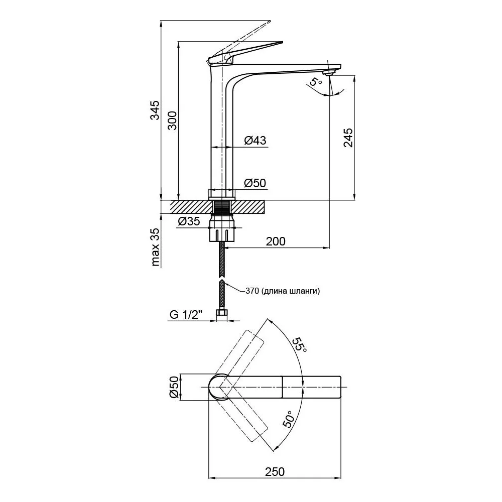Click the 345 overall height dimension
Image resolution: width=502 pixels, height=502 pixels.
pyautogui.click(x=155, y=110)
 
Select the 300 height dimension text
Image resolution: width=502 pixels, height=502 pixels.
pyautogui.click(x=172, y=120)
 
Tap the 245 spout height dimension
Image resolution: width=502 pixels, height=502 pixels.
pyautogui.click(x=348, y=138)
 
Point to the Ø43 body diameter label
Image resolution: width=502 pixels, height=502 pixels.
pyautogui.click(x=255, y=140)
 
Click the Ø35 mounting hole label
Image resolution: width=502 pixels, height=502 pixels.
pyautogui.click(x=189, y=221)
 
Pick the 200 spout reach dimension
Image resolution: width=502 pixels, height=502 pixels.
pyautogui.click(x=276, y=241)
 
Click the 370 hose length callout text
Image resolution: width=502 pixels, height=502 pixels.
pyautogui.click(x=283, y=291)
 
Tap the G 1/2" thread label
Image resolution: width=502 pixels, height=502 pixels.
pyautogui.click(x=186, y=315)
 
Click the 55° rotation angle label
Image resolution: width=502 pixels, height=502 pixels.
pyautogui.click(x=300, y=344)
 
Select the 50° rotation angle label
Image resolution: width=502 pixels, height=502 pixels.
pyautogui.click(x=288, y=419)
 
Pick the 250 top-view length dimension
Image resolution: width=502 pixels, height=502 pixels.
pyautogui.click(x=275, y=471)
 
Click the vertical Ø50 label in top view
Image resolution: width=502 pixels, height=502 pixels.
pyautogui.click(x=174, y=387)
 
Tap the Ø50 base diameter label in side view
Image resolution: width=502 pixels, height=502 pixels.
pyautogui.click(x=255, y=183)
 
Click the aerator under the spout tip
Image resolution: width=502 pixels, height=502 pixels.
pyautogui.click(x=329, y=73)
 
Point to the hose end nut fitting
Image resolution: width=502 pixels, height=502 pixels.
pyautogui.click(x=221, y=316)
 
